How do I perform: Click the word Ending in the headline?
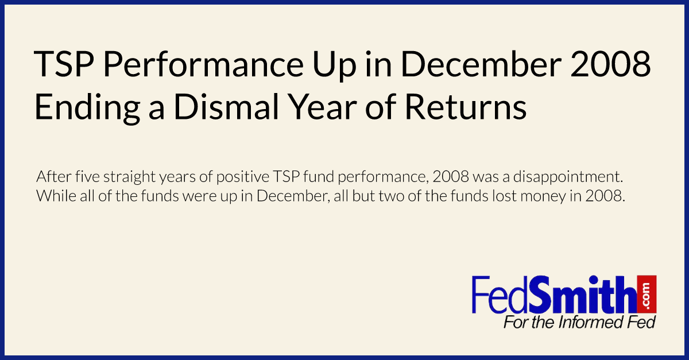(87, 108)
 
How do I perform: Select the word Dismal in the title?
(226, 107)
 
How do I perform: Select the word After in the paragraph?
(54, 177)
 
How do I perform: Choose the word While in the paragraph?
(56, 196)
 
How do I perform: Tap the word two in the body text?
(391, 196)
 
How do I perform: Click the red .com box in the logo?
(647, 295)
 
